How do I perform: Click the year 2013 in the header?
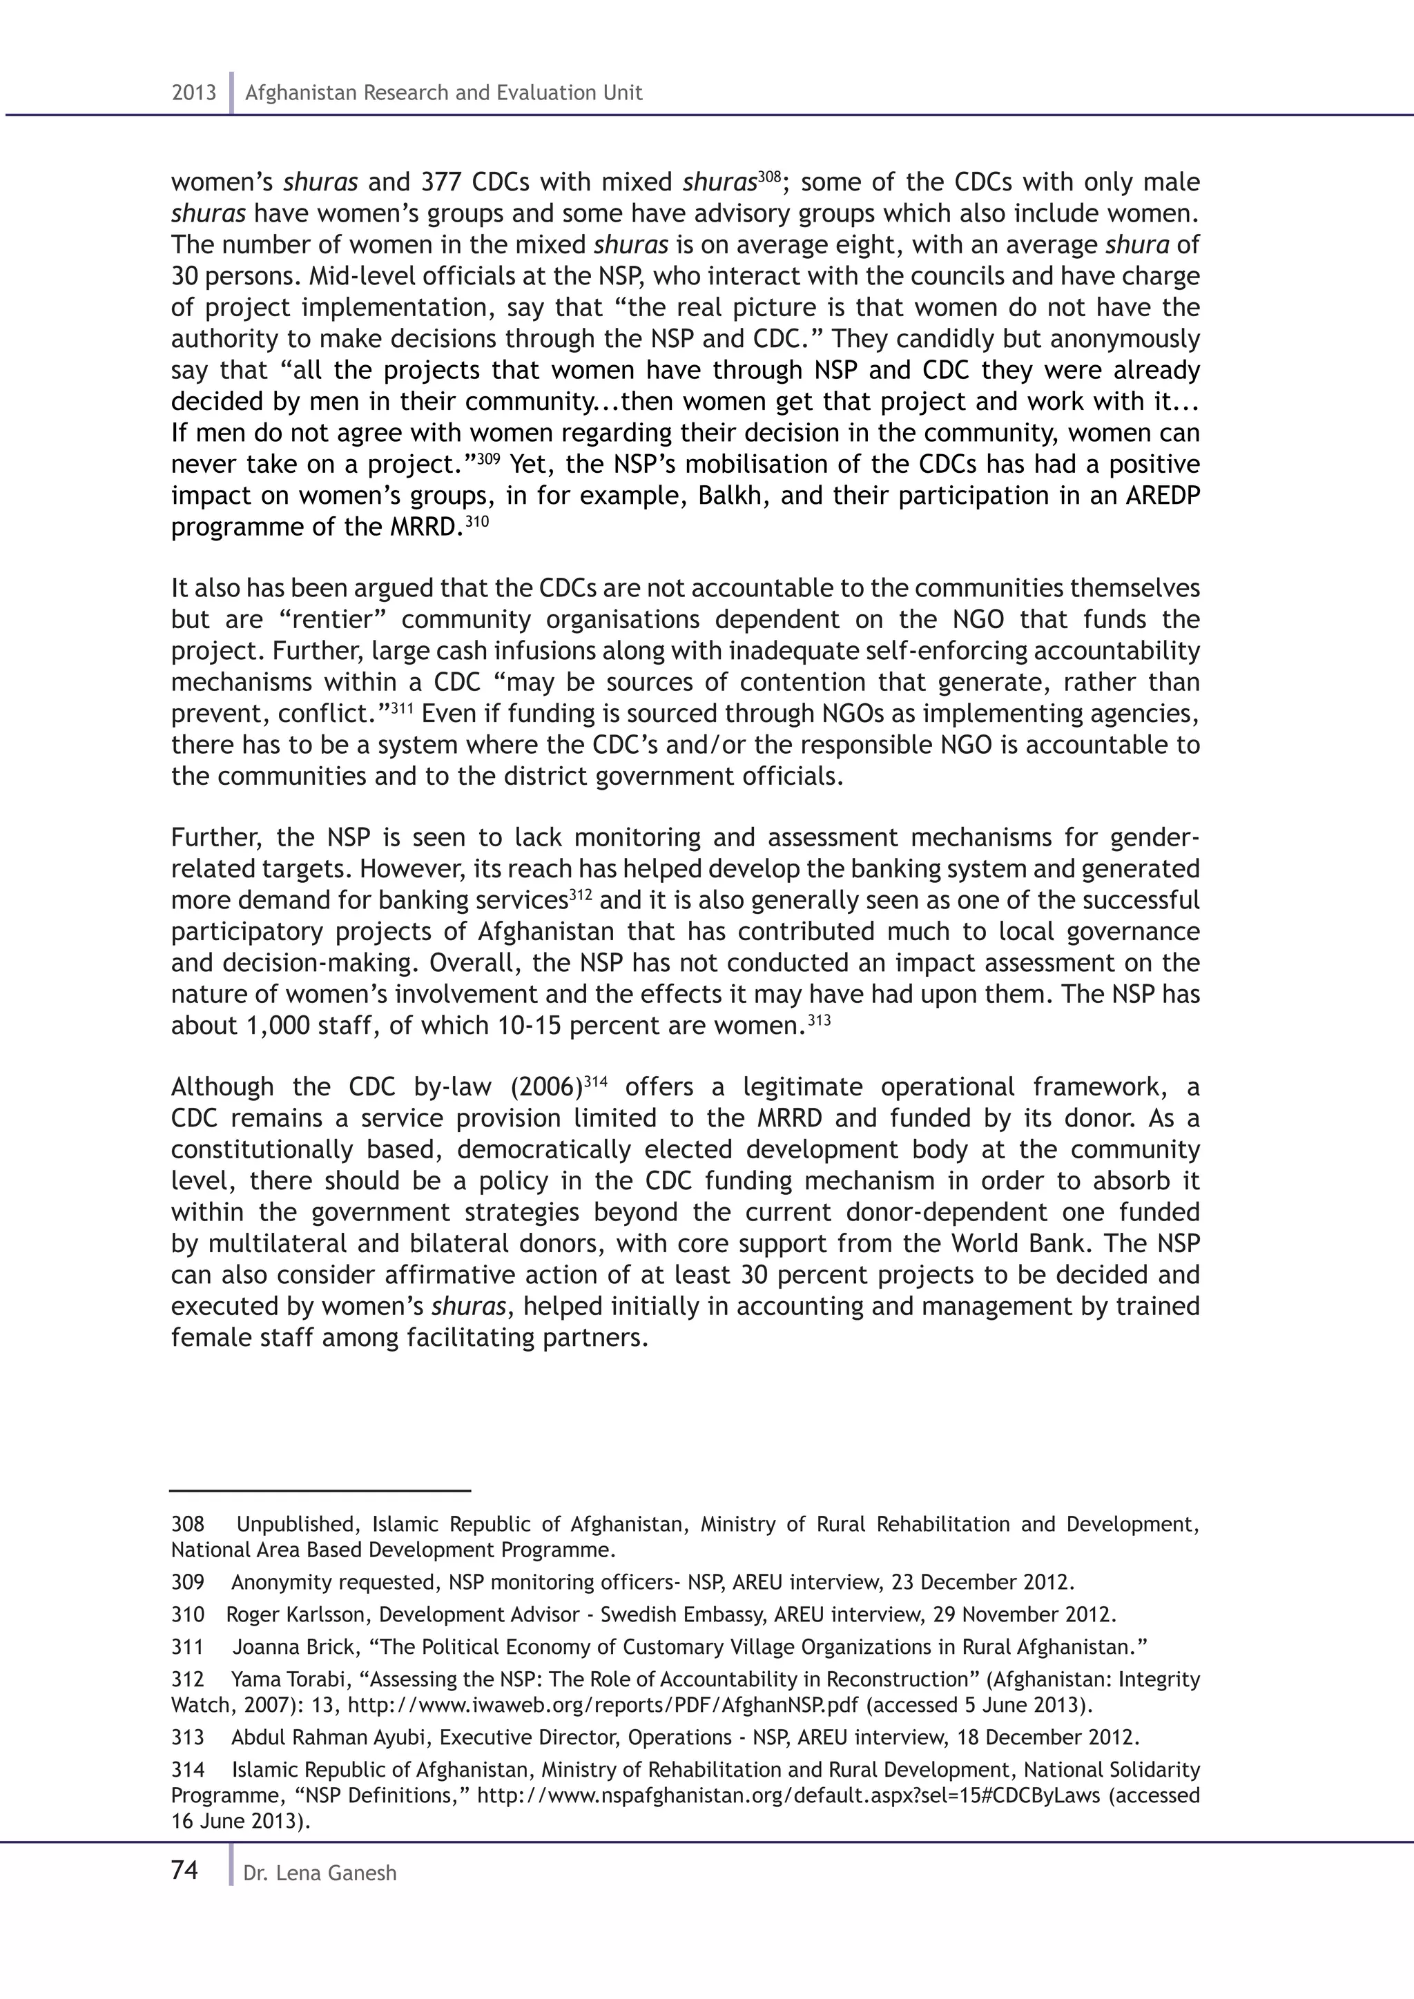coord(193,93)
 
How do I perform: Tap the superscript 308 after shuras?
coord(769,176)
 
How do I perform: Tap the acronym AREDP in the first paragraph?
coord(1163,496)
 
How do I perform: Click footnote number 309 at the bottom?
coord(187,1582)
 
